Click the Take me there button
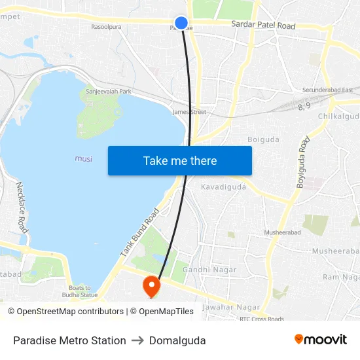180,160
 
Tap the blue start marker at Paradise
182,23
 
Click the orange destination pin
151,285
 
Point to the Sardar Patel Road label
263,26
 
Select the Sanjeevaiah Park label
109,92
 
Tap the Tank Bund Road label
140,232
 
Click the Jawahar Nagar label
226,306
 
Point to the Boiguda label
263,139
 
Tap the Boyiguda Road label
302,162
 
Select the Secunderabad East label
327,90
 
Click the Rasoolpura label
106,27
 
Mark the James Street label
189,112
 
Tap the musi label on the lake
83,159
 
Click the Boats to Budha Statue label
83,291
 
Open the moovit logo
320,340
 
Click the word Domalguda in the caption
177,340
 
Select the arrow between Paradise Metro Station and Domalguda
137,340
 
